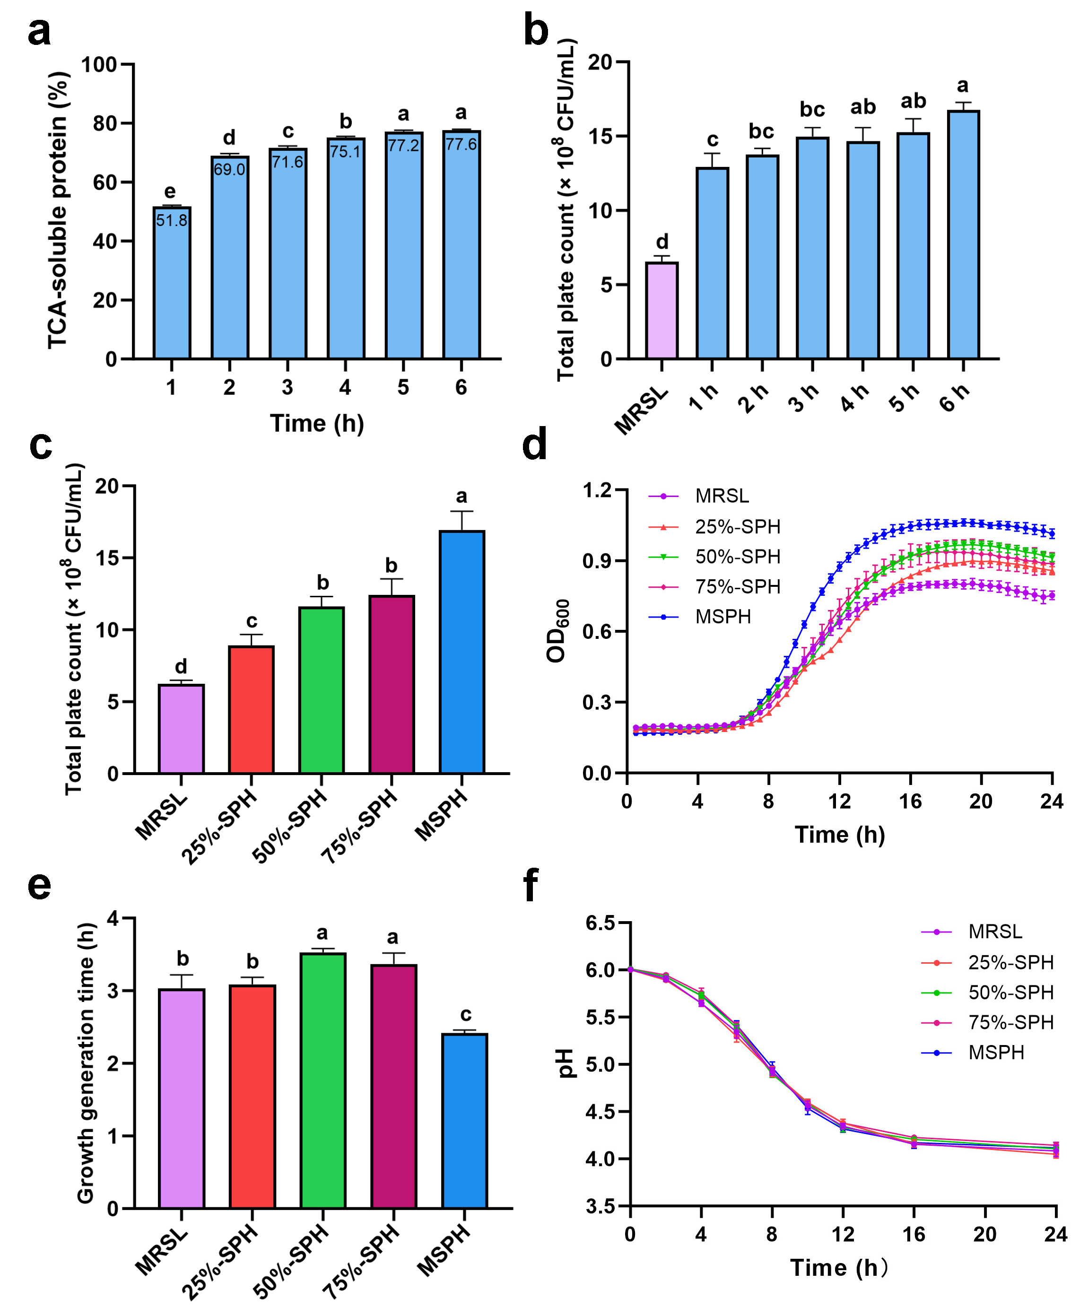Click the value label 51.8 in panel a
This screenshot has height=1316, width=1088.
pos(172,220)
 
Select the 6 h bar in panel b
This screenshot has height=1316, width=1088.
pos(963,235)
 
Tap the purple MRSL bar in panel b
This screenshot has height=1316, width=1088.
pos(662,311)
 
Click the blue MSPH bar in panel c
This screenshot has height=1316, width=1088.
pos(462,652)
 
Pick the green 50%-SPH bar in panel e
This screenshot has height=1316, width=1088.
pos(323,1081)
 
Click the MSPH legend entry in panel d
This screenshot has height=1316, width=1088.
pos(722,617)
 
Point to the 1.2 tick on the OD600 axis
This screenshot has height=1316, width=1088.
pos(597,490)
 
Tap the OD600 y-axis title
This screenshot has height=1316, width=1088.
pos(557,631)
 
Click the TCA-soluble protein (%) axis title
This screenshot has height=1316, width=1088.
pos(58,210)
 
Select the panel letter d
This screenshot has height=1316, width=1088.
pos(535,444)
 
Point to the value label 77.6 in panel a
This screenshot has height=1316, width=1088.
pos(461,144)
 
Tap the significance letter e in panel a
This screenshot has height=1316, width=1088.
pos(170,191)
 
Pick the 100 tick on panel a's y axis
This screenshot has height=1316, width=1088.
pos(99,64)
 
